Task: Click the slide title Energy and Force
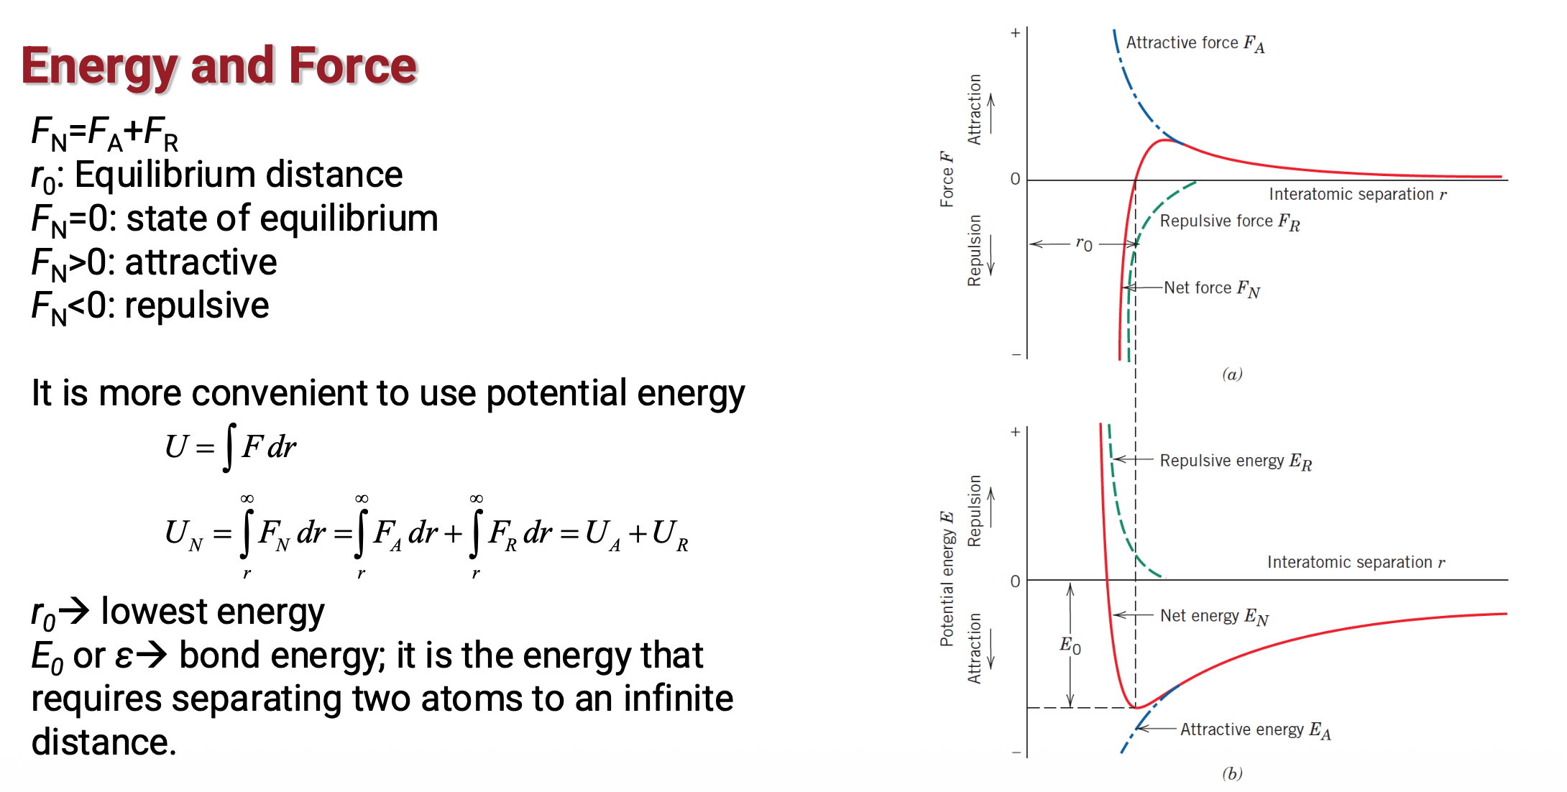tap(219, 67)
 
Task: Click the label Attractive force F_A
tap(1195, 44)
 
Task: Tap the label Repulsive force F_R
tap(1230, 222)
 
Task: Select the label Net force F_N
tap(1212, 289)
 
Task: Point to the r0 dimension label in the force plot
tap(1084, 244)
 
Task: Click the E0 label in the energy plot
tap(1070, 645)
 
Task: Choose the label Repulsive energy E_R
tap(1236, 461)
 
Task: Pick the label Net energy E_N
tap(1215, 617)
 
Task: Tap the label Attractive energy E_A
tap(1256, 730)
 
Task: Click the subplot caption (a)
tap(1232, 374)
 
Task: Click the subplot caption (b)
tap(1232, 773)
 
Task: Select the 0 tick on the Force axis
tap(1015, 179)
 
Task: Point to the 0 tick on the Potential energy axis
tap(1015, 581)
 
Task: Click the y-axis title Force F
tap(947, 179)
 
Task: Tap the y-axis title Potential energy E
tap(947, 579)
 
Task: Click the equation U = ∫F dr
tap(231, 447)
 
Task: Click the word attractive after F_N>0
tap(201, 262)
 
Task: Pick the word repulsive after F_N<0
tap(197, 307)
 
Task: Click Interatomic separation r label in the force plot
tap(1358, 194)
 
